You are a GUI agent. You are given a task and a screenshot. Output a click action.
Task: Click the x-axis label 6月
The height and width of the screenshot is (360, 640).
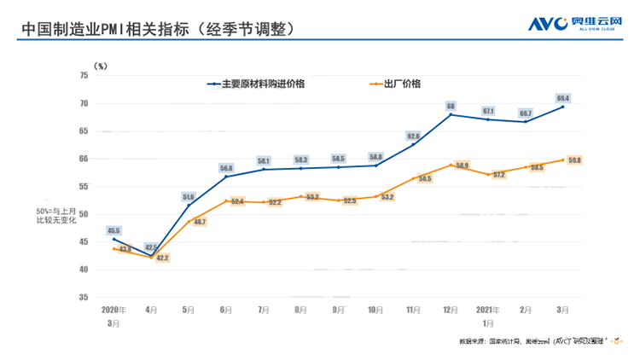pos(225,310)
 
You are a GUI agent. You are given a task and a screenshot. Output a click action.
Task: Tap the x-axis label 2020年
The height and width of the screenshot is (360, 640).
pos(113,310)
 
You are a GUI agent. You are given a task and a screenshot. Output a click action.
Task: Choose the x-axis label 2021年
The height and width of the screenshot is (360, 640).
pos(487,310)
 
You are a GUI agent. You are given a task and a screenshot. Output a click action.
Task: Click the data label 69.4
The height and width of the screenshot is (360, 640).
pos(562,98)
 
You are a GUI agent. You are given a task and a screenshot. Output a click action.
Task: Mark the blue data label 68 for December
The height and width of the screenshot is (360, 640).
pos(450,107)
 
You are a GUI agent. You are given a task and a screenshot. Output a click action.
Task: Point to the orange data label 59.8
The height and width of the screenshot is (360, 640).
pos(574,160)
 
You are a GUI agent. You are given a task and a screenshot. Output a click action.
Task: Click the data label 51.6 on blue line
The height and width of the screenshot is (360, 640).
pos(189,197)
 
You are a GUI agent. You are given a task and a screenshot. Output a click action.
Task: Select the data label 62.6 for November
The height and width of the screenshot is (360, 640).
pos(413,136)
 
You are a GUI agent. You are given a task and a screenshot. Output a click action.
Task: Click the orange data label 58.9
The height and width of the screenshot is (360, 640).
pos(462,165)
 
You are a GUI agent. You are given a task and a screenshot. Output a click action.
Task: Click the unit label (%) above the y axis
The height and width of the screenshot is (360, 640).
pos(101,65)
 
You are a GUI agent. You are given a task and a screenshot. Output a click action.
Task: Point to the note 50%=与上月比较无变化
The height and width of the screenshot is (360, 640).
pos(55,215)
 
